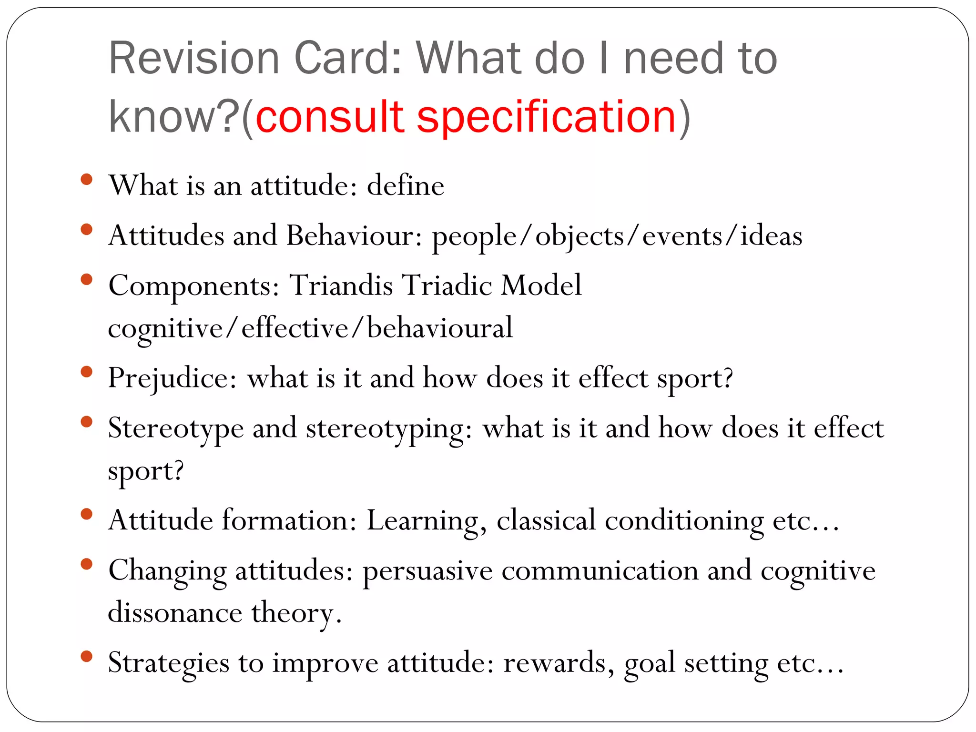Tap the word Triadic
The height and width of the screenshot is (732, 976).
[447, 285]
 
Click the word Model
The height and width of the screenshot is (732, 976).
[541, 285]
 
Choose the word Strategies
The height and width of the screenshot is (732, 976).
[169, 663]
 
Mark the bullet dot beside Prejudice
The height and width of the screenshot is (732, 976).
[87, 372]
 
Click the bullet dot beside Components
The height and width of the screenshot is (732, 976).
[87, 279]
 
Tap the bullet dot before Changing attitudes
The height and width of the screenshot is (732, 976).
[87, 564]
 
